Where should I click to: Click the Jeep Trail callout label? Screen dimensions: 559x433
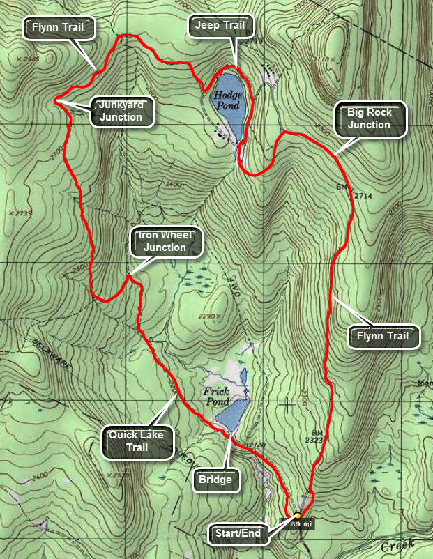click(x=221, y=26)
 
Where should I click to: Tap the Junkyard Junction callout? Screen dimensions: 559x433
click(x=121, y=111)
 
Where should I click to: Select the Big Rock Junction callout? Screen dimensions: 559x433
click(x=370, y=118)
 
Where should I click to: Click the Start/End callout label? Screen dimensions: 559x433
click(x=238, y=535)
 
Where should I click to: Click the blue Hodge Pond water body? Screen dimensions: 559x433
click(x=228, y=105)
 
